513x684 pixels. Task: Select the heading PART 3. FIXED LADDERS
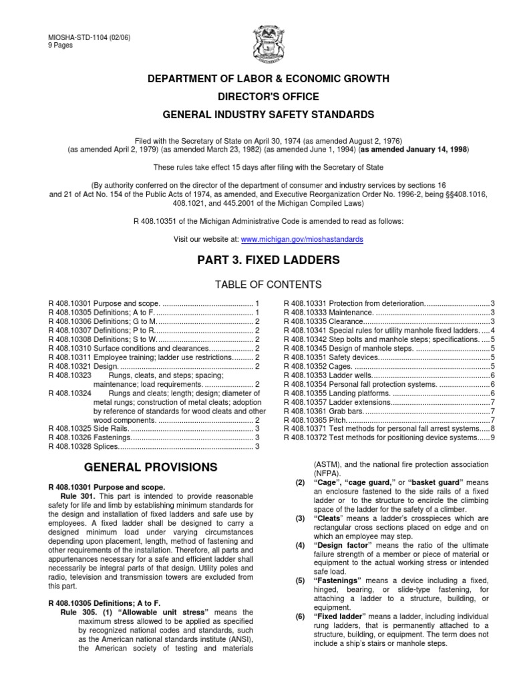(x=256, y=261)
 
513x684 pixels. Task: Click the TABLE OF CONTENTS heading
(x=256, y=285)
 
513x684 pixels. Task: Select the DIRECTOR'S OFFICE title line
(x=256, y=97)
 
